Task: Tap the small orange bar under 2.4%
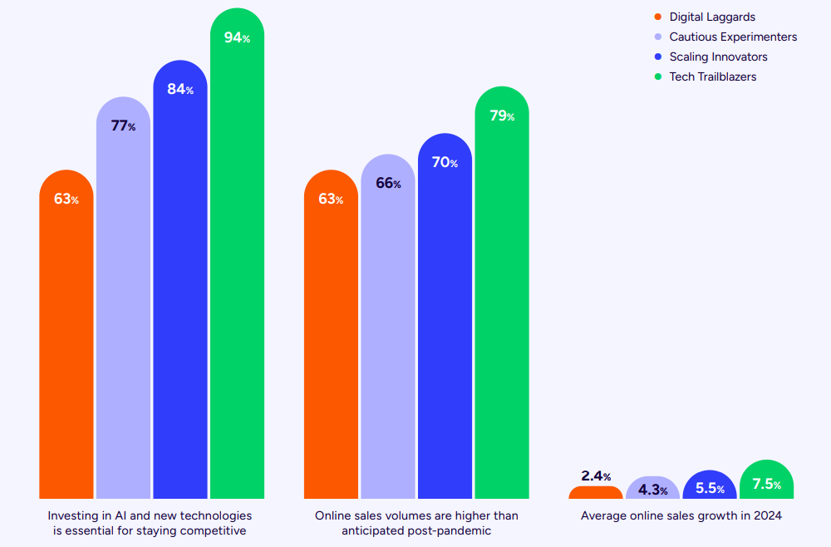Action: (595, 493)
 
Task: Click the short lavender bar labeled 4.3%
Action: (652, 490)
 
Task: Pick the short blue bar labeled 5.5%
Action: (709, 488)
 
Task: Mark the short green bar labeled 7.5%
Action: (765, 481)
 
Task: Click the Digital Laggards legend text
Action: (712, 17)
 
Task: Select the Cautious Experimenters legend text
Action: (733, 37)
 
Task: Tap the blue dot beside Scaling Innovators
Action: (657, 57)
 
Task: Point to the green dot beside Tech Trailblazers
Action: (657, 77)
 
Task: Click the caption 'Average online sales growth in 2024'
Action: (681, 515)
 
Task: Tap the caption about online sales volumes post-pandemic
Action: (416, 523)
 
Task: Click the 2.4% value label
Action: (596, 476)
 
